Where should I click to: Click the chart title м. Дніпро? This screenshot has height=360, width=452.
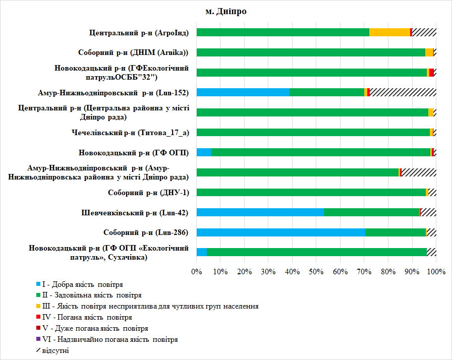point(225,12)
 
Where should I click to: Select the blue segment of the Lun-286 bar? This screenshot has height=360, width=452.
point(280,232)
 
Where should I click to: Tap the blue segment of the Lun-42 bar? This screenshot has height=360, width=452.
point(260,212)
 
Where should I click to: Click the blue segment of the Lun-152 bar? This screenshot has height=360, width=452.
point(243,92)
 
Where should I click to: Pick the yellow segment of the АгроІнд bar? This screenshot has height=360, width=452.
point(389,32)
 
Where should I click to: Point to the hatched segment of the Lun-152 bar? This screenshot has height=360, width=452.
point(403,92)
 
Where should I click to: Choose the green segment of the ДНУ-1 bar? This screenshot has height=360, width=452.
point(311,192)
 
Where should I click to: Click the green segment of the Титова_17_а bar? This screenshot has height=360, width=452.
point(313,132)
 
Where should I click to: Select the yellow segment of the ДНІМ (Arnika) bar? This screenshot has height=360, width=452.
point(429,52)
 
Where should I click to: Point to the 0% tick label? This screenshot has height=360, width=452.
point(196,272)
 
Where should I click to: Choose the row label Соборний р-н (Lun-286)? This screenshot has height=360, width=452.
point(146,232)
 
